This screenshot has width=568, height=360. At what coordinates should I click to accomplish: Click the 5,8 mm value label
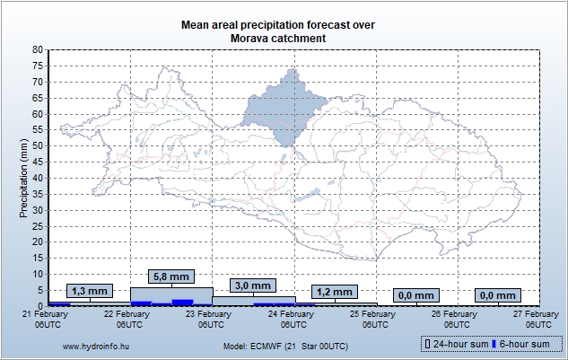pyautogui.click(x=171, y=277)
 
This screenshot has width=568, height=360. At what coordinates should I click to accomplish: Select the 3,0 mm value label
pyautogui.click(x=254, y=285)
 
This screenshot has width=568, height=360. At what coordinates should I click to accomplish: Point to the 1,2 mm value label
pyautogui.click(x=336, y=292)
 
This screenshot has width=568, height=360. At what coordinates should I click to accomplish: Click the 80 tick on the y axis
pyautogui.click(x=38, y=50)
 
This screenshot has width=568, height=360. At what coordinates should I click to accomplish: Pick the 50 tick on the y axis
pyautogui.click(x=38, y=145)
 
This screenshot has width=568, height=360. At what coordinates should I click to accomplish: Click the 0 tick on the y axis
pyautogui.click(x=40, y=306)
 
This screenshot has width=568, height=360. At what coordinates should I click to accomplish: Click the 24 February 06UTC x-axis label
pyautogui.click(x=293, y=319)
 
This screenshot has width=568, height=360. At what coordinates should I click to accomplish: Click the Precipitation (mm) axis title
pyautogui.click(x=24, y=178)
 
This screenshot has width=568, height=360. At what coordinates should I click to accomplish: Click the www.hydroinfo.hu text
pyautogui.click(x=93, y=345)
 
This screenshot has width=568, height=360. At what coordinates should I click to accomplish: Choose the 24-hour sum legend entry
pyautogui.click(x=458, y=344)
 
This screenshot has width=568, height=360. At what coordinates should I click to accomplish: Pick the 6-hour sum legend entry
pyautogui.click(x=524, y=344)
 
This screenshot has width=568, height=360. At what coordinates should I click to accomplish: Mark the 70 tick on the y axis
pyautogui.click(x=38, y=82)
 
